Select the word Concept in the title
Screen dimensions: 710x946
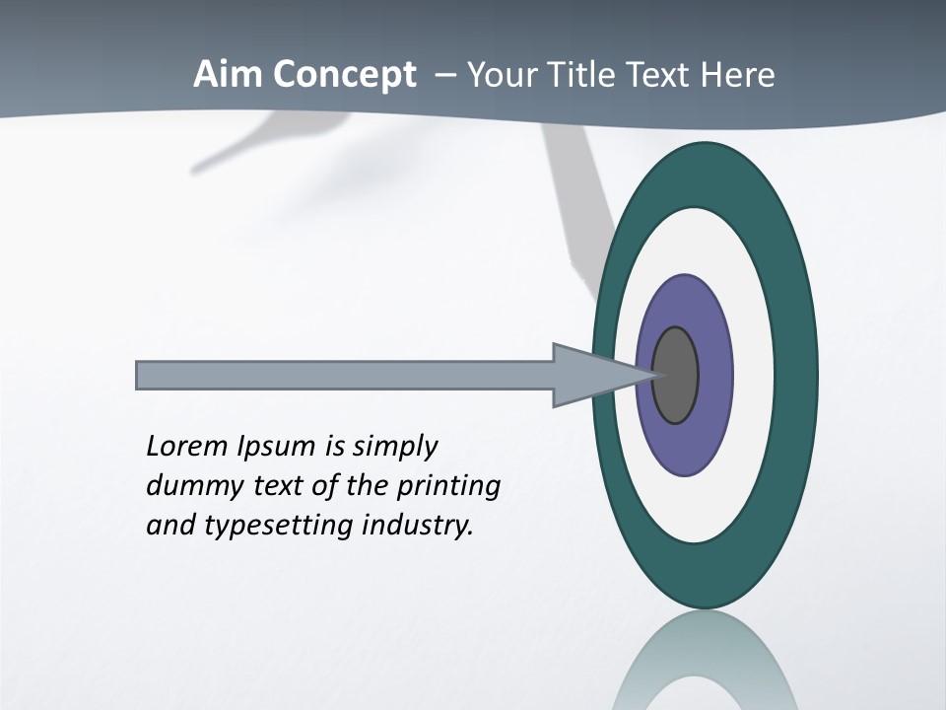click(x=345, y=75)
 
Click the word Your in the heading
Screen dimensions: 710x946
click(x=500, y=75)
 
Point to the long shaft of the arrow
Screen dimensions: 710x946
click(x=345, y=375)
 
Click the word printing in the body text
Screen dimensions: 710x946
click(x=448, y=485)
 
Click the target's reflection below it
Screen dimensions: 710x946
click(x=706, y=661)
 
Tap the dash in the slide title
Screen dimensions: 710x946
click(x=445, y=75)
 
